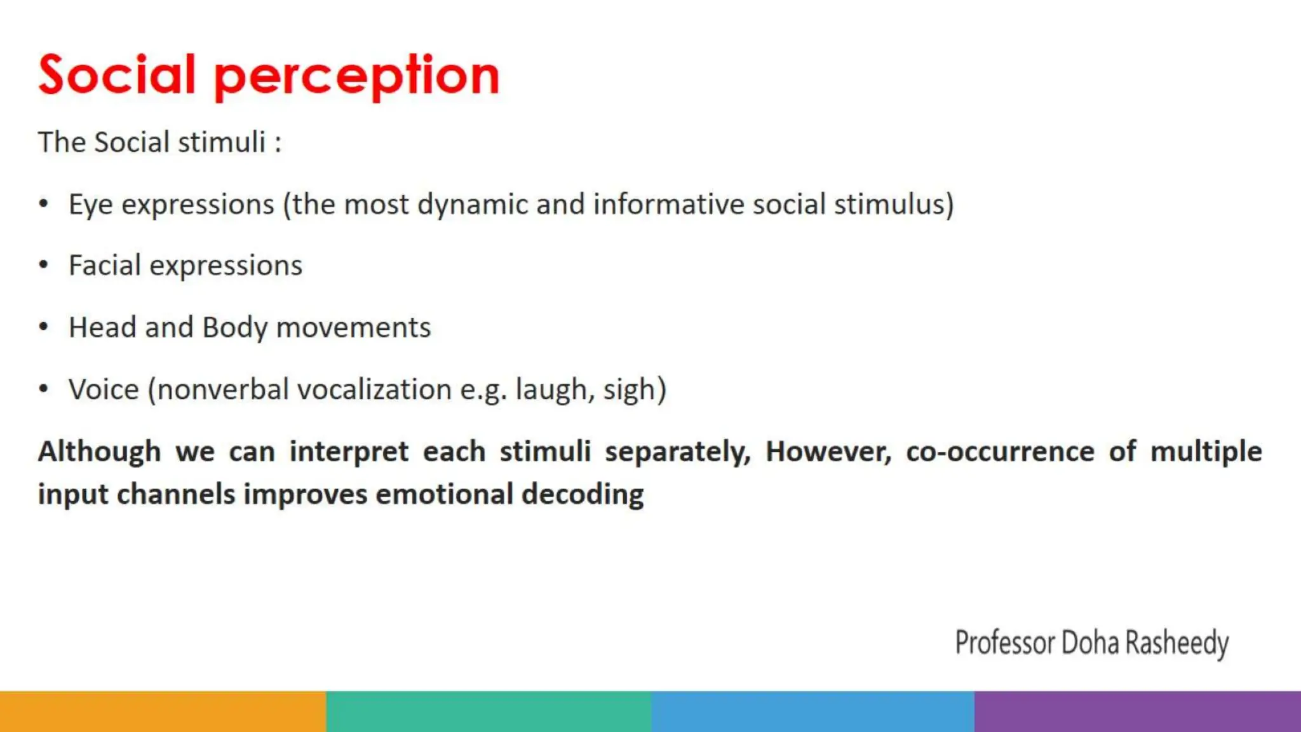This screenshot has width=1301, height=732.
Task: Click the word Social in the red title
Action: point(117,75)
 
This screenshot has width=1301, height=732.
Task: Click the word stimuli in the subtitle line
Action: point(221,142)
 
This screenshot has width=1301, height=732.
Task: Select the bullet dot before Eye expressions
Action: point(43,203)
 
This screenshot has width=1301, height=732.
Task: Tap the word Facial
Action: point(104,265)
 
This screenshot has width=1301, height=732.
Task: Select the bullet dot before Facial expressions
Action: point(43,265)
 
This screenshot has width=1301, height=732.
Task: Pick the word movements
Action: point(353,328)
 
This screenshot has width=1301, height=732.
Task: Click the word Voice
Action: point(104,389)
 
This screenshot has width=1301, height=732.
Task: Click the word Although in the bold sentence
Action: point(99,452)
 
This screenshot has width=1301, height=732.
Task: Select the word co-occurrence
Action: point(1000,452)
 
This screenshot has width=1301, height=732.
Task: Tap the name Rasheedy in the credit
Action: point(1176,643)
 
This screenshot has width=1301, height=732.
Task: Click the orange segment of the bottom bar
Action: point(163,711)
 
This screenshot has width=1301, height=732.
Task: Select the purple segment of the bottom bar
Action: point(1137,711)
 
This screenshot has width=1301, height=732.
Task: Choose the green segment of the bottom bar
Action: point(488,711)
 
